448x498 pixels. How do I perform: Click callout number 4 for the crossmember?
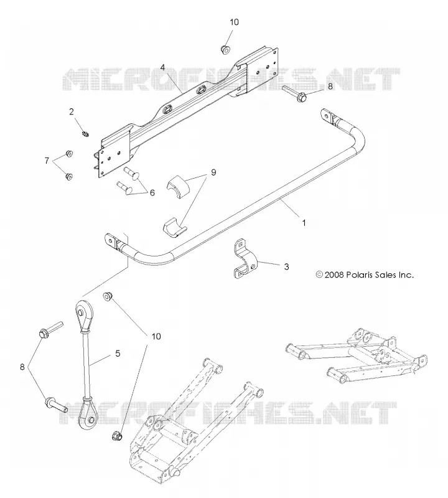[162, 67]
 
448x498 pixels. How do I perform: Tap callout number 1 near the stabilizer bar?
[304, 223]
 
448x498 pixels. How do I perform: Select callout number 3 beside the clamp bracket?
[286, 267]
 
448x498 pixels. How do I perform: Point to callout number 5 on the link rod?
[118, 353]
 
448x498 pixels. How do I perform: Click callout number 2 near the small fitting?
[72, 111]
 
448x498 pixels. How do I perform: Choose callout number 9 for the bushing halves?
[213, 172]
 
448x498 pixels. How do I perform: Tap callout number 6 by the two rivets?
[152, 193]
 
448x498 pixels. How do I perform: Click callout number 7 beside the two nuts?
[47, 161]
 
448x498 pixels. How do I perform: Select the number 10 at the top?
[235, 22]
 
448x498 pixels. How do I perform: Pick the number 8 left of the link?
[22, 367]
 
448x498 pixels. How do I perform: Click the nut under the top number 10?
[225, 49]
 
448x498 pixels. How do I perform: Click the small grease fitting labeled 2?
[85, 134]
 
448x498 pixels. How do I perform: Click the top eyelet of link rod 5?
[83, 313]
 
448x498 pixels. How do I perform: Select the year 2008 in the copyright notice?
[334, 275]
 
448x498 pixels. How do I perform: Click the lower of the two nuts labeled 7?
[68, 176]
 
